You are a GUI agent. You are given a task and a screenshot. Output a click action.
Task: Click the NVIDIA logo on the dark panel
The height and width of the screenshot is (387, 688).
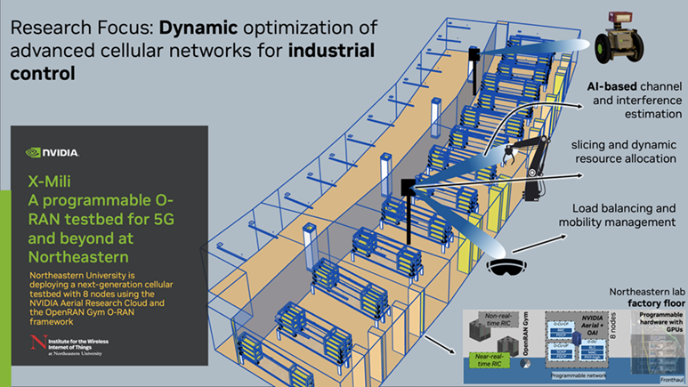coord(53,152)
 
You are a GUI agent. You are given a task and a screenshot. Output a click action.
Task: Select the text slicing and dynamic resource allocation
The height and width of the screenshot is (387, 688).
coord(623,152)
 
